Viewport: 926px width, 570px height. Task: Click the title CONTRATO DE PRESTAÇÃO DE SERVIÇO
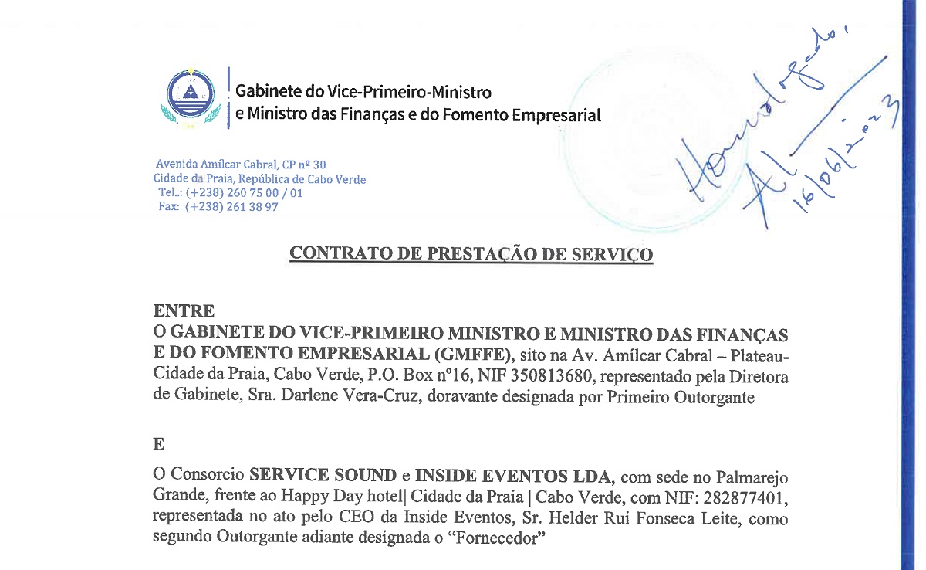[471, 254]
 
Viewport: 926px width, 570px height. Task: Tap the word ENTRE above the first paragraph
[184, 311]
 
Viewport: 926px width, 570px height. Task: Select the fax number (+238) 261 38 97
[231, 207]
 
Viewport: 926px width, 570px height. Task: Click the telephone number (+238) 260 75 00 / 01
[244, 193]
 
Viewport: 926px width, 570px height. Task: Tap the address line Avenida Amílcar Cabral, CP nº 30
[241, 165]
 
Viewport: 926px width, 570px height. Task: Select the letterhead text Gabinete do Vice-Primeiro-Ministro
[363, 92]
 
